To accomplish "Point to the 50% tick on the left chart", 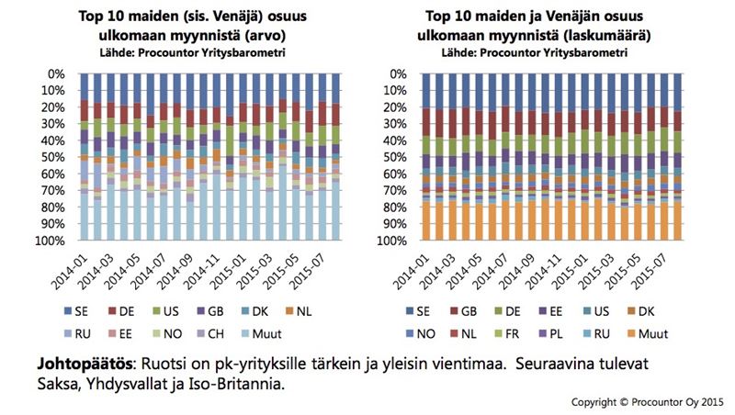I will pos(53,157).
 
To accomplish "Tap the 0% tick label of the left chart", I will pos(57,73).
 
